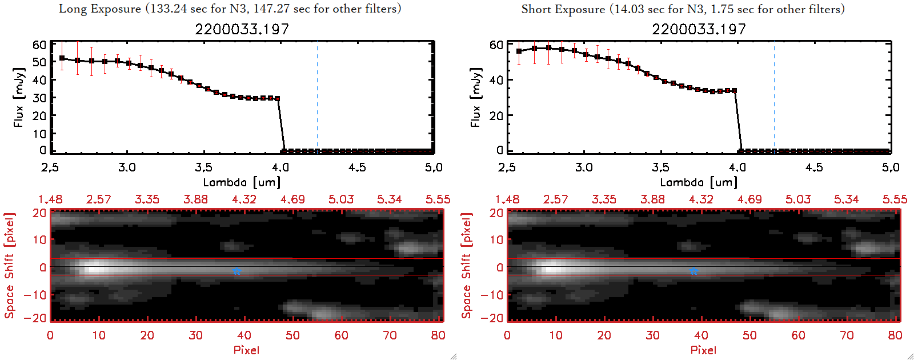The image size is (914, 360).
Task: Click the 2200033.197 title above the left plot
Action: click(x=242, y=29)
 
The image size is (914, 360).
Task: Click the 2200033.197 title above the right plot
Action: click(x=699, y=29)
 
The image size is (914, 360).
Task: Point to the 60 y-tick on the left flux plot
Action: click(x=39, y=45)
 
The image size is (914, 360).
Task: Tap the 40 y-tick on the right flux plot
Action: click(x=496, y=80)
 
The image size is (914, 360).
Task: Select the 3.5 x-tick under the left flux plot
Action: click(x=203, y=167)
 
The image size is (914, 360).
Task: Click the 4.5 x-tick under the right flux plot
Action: click(x=814, y=167)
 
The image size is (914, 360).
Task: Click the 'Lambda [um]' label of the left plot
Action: click(x=242, y=182)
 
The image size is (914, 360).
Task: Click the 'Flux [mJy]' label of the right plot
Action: click(x=475, y=97)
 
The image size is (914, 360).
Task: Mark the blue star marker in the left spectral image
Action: click(x=236, y=271)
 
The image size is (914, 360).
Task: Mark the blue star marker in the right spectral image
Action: click(x=693, y=271)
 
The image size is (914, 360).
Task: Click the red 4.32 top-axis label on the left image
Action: click(x=244, y=199)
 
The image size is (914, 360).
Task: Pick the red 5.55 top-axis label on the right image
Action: click(x=895, y=199)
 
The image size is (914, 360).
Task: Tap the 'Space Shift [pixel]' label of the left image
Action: click(x=10, y=266)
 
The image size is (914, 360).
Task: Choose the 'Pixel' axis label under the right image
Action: click(x=703, y=350)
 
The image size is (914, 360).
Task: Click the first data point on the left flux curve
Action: click(x=62, y=58)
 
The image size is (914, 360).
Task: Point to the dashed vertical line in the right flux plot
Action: click(x=774, y=97)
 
